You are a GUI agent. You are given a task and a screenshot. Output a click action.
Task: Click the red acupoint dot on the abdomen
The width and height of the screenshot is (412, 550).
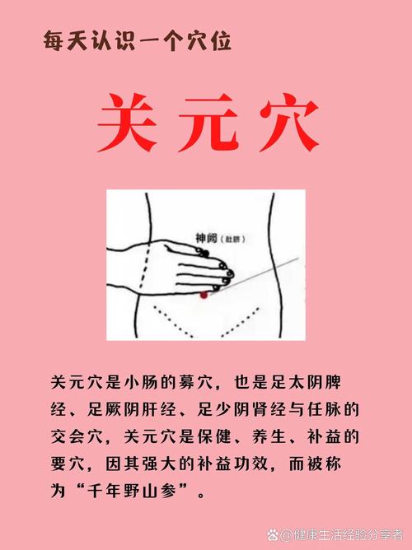(x=204, y=294)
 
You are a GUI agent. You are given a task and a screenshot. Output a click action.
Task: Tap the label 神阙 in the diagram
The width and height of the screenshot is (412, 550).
(x=207, y=236)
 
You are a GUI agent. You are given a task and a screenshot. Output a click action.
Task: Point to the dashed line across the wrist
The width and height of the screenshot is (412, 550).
(x=145, y=268)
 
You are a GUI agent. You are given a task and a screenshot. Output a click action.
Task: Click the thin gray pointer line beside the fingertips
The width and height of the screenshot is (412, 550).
(x=264, y=271)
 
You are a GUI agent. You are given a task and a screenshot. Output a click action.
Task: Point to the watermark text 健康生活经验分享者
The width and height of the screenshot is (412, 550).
(x=345, y=536)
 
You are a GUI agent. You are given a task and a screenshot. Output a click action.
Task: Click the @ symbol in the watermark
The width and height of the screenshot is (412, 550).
(x=287, y=536)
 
